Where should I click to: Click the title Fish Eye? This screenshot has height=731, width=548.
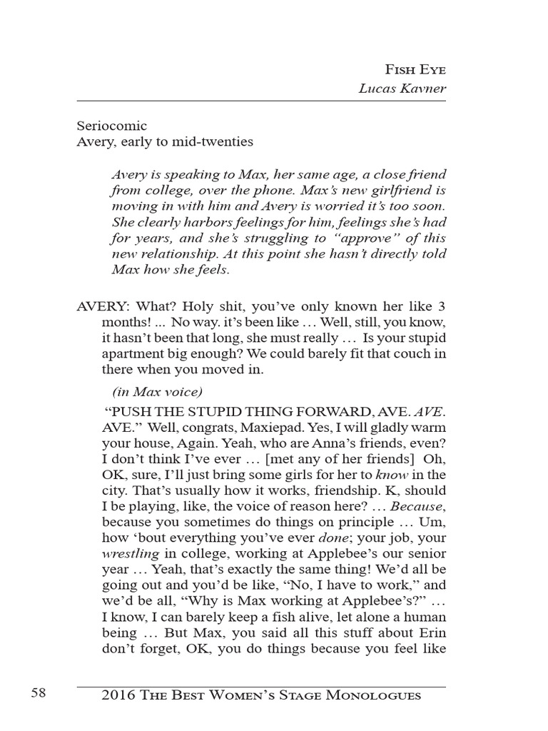coord(415,70)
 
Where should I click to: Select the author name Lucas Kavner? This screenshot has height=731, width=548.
coord(402,89)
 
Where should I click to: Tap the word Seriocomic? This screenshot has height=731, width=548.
coord(112,126)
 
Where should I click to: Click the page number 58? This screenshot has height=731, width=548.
coord(39,694)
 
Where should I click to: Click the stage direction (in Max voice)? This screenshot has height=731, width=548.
coord(158,391)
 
